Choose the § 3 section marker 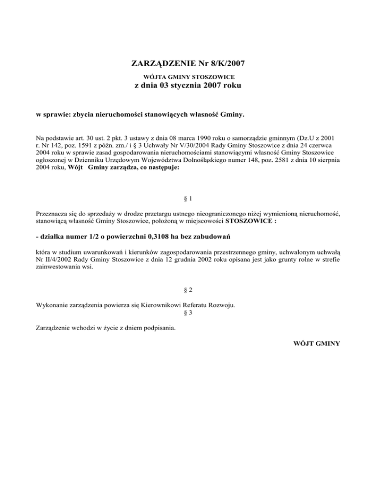pyautogui.click(x=188, y=313)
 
